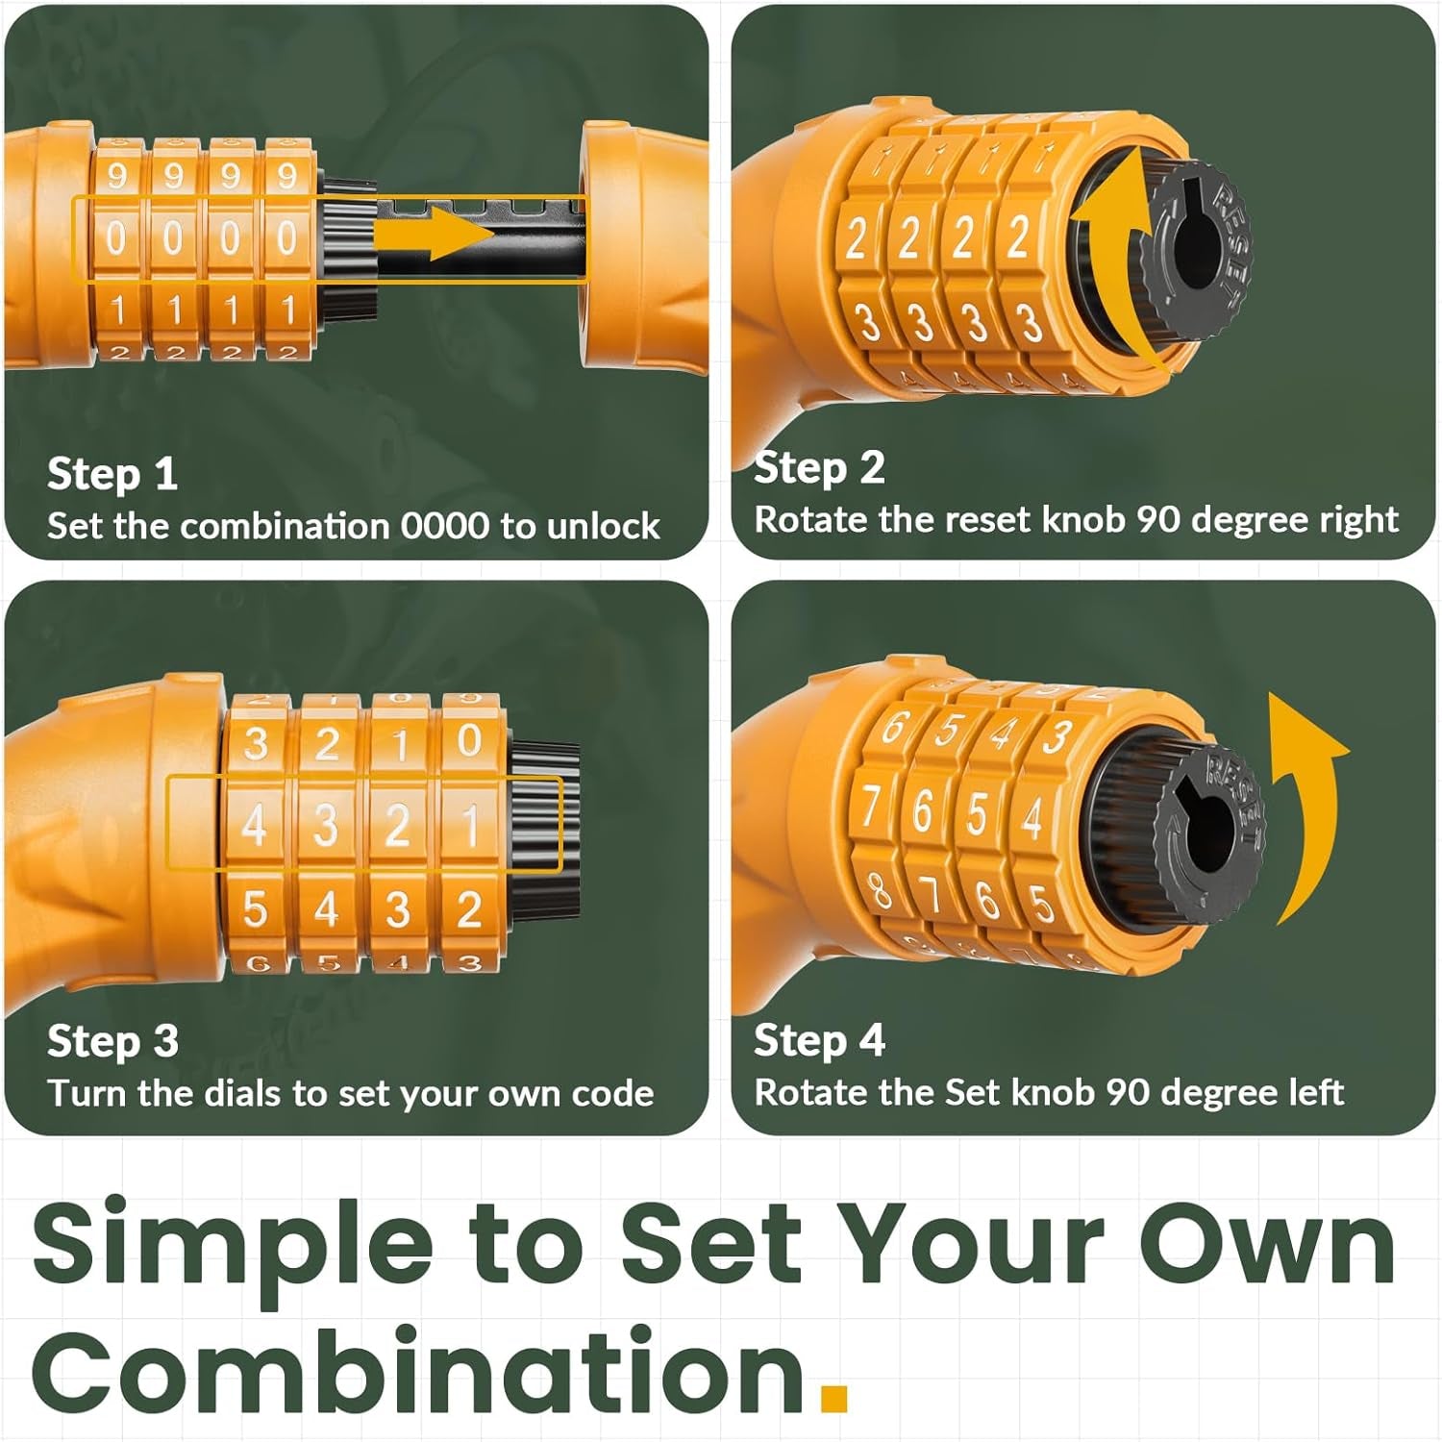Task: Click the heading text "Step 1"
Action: [112, 474]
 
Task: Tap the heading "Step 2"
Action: [819, 468]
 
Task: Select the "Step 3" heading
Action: [112, 1041]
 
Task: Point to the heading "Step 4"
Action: [819, 1040]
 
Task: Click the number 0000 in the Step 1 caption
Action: [445, 526]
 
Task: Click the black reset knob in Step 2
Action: [1197, 250]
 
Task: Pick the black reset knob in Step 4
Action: [1211, 832]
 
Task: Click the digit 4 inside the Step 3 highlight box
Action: [254, 825]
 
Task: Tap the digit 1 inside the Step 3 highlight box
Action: [470, 825]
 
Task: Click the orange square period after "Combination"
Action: [834, 1398]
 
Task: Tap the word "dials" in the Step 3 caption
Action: [240, 1093]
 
